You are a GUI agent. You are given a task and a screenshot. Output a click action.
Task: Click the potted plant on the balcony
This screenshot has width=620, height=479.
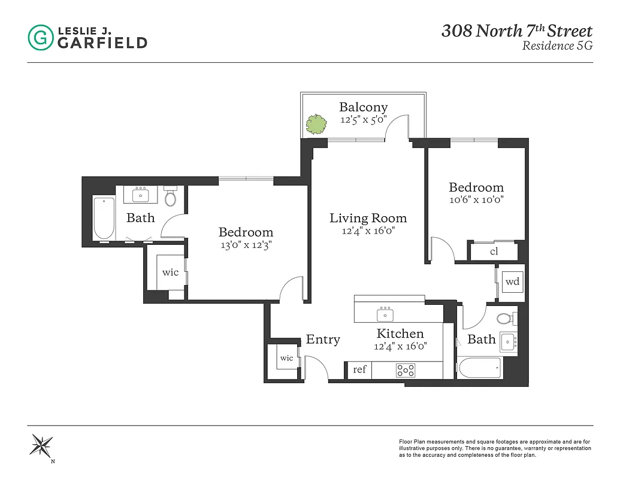[316, 124]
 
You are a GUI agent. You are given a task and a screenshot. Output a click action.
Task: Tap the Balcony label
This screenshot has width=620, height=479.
[363, 107]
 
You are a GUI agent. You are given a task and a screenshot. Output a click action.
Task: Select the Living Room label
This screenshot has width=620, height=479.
[368, 218]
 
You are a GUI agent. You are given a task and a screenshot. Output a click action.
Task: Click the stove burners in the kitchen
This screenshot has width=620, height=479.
[406, 371]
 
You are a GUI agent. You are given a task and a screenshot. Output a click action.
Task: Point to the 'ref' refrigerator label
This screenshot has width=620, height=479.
[359, 369]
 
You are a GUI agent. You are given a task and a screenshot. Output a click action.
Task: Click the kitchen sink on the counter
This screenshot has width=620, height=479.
[385, 314]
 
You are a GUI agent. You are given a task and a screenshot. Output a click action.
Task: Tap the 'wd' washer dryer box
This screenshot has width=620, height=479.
[512, 281]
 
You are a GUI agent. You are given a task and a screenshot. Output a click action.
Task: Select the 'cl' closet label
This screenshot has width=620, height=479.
[494, 251]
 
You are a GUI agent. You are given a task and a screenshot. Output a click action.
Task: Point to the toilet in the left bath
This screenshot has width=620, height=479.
[171, 196]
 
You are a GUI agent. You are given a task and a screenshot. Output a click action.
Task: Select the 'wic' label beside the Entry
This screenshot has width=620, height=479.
[287, 358]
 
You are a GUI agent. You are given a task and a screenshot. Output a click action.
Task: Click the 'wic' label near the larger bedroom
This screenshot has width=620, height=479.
[171, 272]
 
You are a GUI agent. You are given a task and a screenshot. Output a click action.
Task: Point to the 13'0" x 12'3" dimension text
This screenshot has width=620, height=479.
[246, 244]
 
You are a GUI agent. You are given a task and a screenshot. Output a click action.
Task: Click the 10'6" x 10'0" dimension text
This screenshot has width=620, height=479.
[476, 200]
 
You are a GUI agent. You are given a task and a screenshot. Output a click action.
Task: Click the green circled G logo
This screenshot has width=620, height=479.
[40, 37]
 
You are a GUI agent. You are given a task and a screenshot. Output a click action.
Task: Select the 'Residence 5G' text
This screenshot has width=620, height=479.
[557, 46]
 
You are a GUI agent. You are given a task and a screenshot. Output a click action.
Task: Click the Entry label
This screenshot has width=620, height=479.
[323, 339]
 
